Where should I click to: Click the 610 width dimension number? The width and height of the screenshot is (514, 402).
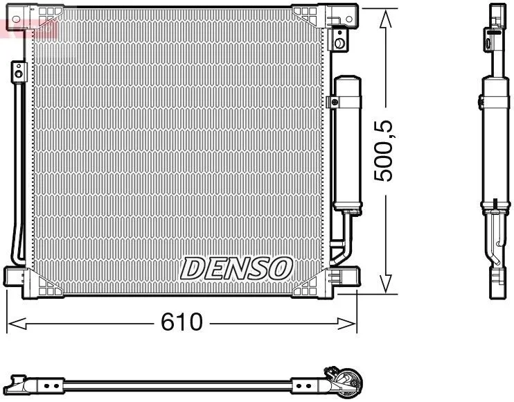pyautogui.click(x=181, y=322)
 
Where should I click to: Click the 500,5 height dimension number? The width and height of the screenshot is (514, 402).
pyautogui.click(x=383, y=151)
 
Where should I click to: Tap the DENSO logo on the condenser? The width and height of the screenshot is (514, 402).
pyautogui.click(x=236, y=268)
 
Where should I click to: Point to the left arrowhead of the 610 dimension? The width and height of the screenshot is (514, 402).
pyautogui.click(x=17, y=323)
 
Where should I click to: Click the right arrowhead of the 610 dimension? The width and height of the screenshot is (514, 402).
pyautogui.click(x=346, y=324)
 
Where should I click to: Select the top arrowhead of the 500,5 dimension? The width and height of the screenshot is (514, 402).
pyautogui.click(x=385, y=19)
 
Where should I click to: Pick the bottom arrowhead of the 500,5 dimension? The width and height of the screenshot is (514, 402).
pyautogui.click(x=386, y=283)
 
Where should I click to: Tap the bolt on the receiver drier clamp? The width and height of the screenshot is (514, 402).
pyautogui.click(x=335, y=103)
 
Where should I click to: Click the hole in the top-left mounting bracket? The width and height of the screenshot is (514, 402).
pyautogui.click(x=16, y=19)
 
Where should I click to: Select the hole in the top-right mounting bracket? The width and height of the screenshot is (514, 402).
pyautogui.click(x=349, y=19)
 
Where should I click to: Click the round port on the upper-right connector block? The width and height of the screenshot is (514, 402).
pyautogui.click(x=339, y=43)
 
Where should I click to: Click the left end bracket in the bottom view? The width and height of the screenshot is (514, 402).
pyautogui.click(x=24, y=384)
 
